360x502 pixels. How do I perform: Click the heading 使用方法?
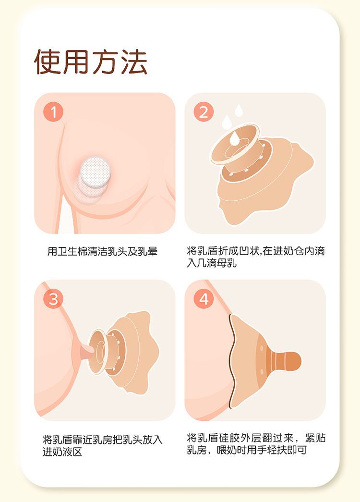(x=91, y=62)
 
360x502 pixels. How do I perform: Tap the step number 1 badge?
(x=53, y=112)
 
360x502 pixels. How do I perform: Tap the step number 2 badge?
(x=204, y=112)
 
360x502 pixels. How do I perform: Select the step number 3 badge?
(x=53, y=299)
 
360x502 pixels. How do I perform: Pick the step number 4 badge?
(x=204, y=299)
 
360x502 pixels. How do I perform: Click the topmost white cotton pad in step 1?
(x=96, y=172)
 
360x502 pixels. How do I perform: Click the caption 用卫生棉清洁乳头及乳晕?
(x=102, y=251)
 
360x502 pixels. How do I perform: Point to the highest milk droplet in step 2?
(x=239, y=110)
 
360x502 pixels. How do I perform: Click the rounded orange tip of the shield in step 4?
(x=292, y=361)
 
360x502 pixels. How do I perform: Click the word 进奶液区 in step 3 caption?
(x=62, y=452)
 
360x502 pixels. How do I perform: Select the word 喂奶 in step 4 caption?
(x=227, y=450)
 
